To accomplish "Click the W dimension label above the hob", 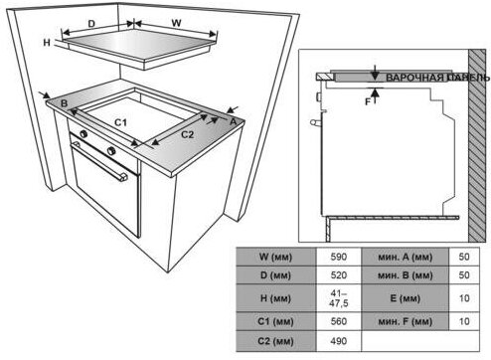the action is coord(177,23).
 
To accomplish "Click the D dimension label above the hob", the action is coord(91,24).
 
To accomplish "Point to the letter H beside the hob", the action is coord(47,43).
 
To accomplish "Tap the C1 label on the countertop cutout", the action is coord(121,122).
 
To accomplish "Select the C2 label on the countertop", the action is coord(187,134).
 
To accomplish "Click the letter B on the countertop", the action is coord(64,103).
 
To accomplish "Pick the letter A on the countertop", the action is coord(234,121).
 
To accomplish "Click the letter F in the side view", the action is coord(368,102).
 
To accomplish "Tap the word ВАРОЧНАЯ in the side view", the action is coord(414,78).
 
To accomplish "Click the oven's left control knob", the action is coord(83,134).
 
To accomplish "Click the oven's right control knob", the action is coord(111,151).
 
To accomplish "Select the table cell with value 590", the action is coord(339,257).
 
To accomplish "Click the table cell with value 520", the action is coord(339,275).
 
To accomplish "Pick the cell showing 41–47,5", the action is coord(339,298).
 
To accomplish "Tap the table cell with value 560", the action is coord(339,321).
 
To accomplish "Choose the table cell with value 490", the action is coord(339,341).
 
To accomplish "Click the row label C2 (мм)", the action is coord(275,341).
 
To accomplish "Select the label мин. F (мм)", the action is coord(405,321).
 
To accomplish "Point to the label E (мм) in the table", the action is coord(405,298).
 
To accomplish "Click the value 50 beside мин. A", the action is coord(464,257).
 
